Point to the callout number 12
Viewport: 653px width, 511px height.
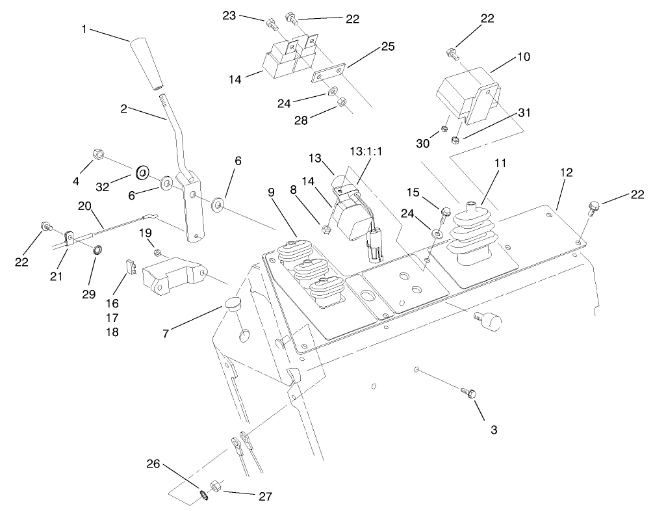[566, 172]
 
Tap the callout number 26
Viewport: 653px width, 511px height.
[153, 464]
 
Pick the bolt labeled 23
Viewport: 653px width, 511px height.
[271, 25]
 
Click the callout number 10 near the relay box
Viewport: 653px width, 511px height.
[523, 57]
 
